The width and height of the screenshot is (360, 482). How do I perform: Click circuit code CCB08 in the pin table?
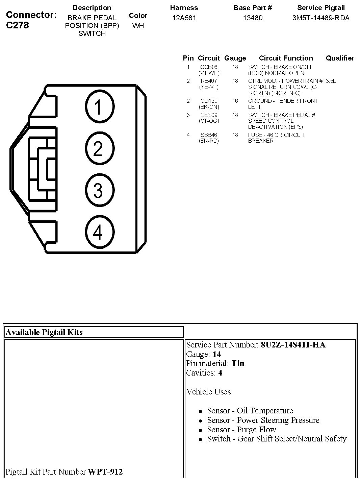coord(209,67)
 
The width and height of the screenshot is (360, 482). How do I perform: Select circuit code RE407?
coord(209,81)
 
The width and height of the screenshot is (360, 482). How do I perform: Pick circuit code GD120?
coord(209,101)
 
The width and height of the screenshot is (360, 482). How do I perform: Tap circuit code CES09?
coord(209,115)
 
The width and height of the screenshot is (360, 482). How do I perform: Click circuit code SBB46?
coord(209,135)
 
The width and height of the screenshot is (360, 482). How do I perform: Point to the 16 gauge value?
coord(235,101)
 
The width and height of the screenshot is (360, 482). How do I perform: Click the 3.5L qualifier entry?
coord(331,81)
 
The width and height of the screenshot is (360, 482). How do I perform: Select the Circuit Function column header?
coord(286,58)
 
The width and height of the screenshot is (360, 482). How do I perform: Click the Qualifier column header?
coord(340,58)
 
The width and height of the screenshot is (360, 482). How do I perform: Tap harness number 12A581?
coord(184,18)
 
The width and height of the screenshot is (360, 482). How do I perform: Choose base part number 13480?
coord(253,18)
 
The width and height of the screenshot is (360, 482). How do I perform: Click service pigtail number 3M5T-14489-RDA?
coord(321,18)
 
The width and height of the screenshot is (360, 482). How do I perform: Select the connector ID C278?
coord(18,25)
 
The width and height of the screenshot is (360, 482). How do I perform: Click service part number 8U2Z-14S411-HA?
coord(293,345)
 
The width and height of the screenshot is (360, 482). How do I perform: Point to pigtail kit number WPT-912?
coord(105,472)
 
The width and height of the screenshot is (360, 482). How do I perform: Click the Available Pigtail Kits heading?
coord(44,332)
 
